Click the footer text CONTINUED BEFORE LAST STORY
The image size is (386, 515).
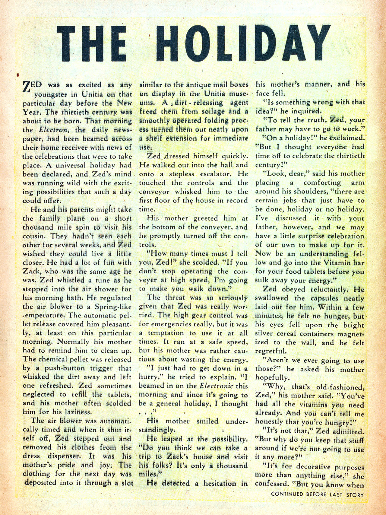(x=317, y=494)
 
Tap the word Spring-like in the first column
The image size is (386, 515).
(x=113, y=307)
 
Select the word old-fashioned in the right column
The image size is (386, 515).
(x=340, y=387)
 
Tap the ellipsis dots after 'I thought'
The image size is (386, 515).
(x=146, y=412)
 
